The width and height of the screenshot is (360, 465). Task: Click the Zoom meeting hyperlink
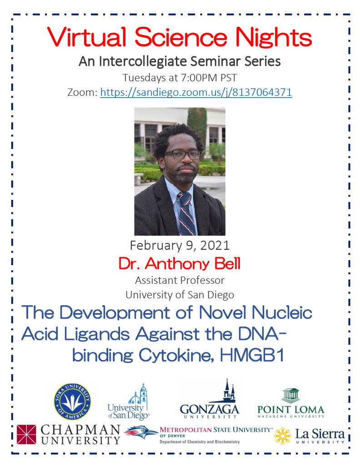pyautogui.click(x=196, y=92)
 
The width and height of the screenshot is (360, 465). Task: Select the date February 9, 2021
pyautogui.click(x=180, y=245)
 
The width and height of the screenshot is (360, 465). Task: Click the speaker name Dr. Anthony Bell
pyautogui.click(x=180, y=264)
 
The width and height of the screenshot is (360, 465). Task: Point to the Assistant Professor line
pyautogui.click(x=180, y=280)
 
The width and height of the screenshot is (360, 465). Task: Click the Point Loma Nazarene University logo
pyautogui.click(x=291, y=403)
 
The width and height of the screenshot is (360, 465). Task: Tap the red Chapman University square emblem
pyautogui.click(x=27, y=435)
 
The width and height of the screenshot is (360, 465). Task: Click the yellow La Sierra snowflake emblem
pyautogui.click(x=283, y=435)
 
